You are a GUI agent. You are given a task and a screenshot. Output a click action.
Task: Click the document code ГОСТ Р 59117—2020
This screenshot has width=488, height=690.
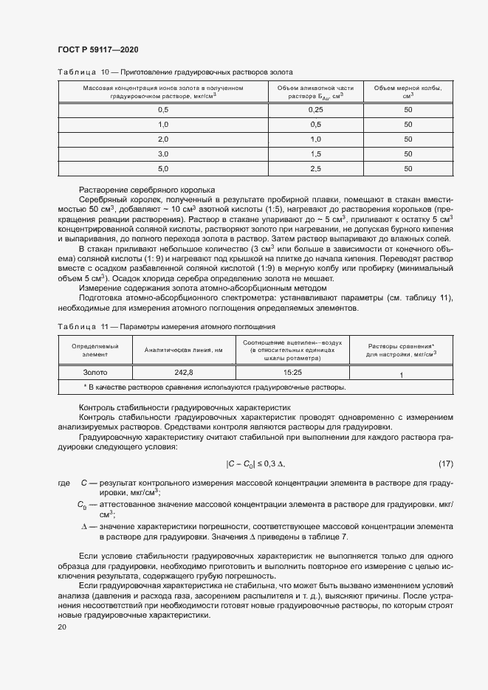tap(97, 49)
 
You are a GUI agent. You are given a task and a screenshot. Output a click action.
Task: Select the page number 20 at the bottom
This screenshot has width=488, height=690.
tap(62, 627)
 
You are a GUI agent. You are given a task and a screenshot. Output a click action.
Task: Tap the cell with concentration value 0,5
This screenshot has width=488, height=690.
tap(163, 109)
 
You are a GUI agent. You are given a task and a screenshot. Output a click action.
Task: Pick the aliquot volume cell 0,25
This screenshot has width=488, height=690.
tap(315, 109)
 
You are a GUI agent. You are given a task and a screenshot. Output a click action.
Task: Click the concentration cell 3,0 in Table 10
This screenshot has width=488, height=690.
tap(163, 153)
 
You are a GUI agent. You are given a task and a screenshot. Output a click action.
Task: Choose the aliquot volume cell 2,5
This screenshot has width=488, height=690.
tap(315, 168)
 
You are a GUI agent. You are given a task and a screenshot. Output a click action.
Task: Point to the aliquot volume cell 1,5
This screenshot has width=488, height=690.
tap(315, 153)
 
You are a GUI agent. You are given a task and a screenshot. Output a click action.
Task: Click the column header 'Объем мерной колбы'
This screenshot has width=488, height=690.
tap(408, 92)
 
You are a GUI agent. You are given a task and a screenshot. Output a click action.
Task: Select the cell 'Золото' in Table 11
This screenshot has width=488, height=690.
tap(94, 373)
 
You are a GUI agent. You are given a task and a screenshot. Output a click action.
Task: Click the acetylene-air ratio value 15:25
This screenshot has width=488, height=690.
tap(293, 373)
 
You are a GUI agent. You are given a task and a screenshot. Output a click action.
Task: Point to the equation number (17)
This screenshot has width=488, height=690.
tap(445, 463)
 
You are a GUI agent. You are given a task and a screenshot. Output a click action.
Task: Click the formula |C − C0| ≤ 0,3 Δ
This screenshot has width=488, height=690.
tap(255, 463)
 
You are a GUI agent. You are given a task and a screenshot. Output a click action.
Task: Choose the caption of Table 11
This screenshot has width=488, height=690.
tap(166, 325)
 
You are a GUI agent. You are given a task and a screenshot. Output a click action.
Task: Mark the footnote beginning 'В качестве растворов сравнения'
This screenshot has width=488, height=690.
tap(215, 386)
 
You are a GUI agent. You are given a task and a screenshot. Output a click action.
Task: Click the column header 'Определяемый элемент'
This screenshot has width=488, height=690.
tap(94, 350)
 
